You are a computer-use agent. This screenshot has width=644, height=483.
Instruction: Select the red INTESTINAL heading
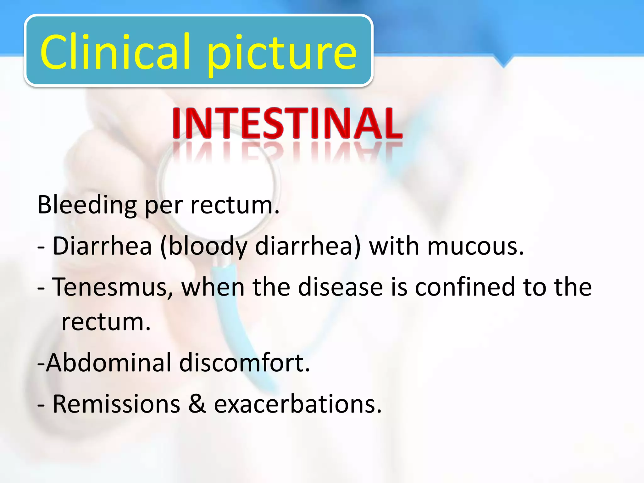[x=287, y=123]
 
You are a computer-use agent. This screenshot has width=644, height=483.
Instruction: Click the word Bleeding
[x=87, y=205]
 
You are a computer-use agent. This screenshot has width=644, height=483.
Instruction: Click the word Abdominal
[x=109, y=363]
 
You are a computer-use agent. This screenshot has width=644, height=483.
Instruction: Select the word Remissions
[x=116, y=404]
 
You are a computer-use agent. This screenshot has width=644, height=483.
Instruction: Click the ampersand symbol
[x=197, y=404]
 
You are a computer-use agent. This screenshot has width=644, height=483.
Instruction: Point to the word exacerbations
[x=297, y=404]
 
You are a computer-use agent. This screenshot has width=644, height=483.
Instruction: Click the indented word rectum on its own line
[x=106, y=322]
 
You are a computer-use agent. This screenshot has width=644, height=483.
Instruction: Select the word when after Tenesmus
[x=213, y=287]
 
